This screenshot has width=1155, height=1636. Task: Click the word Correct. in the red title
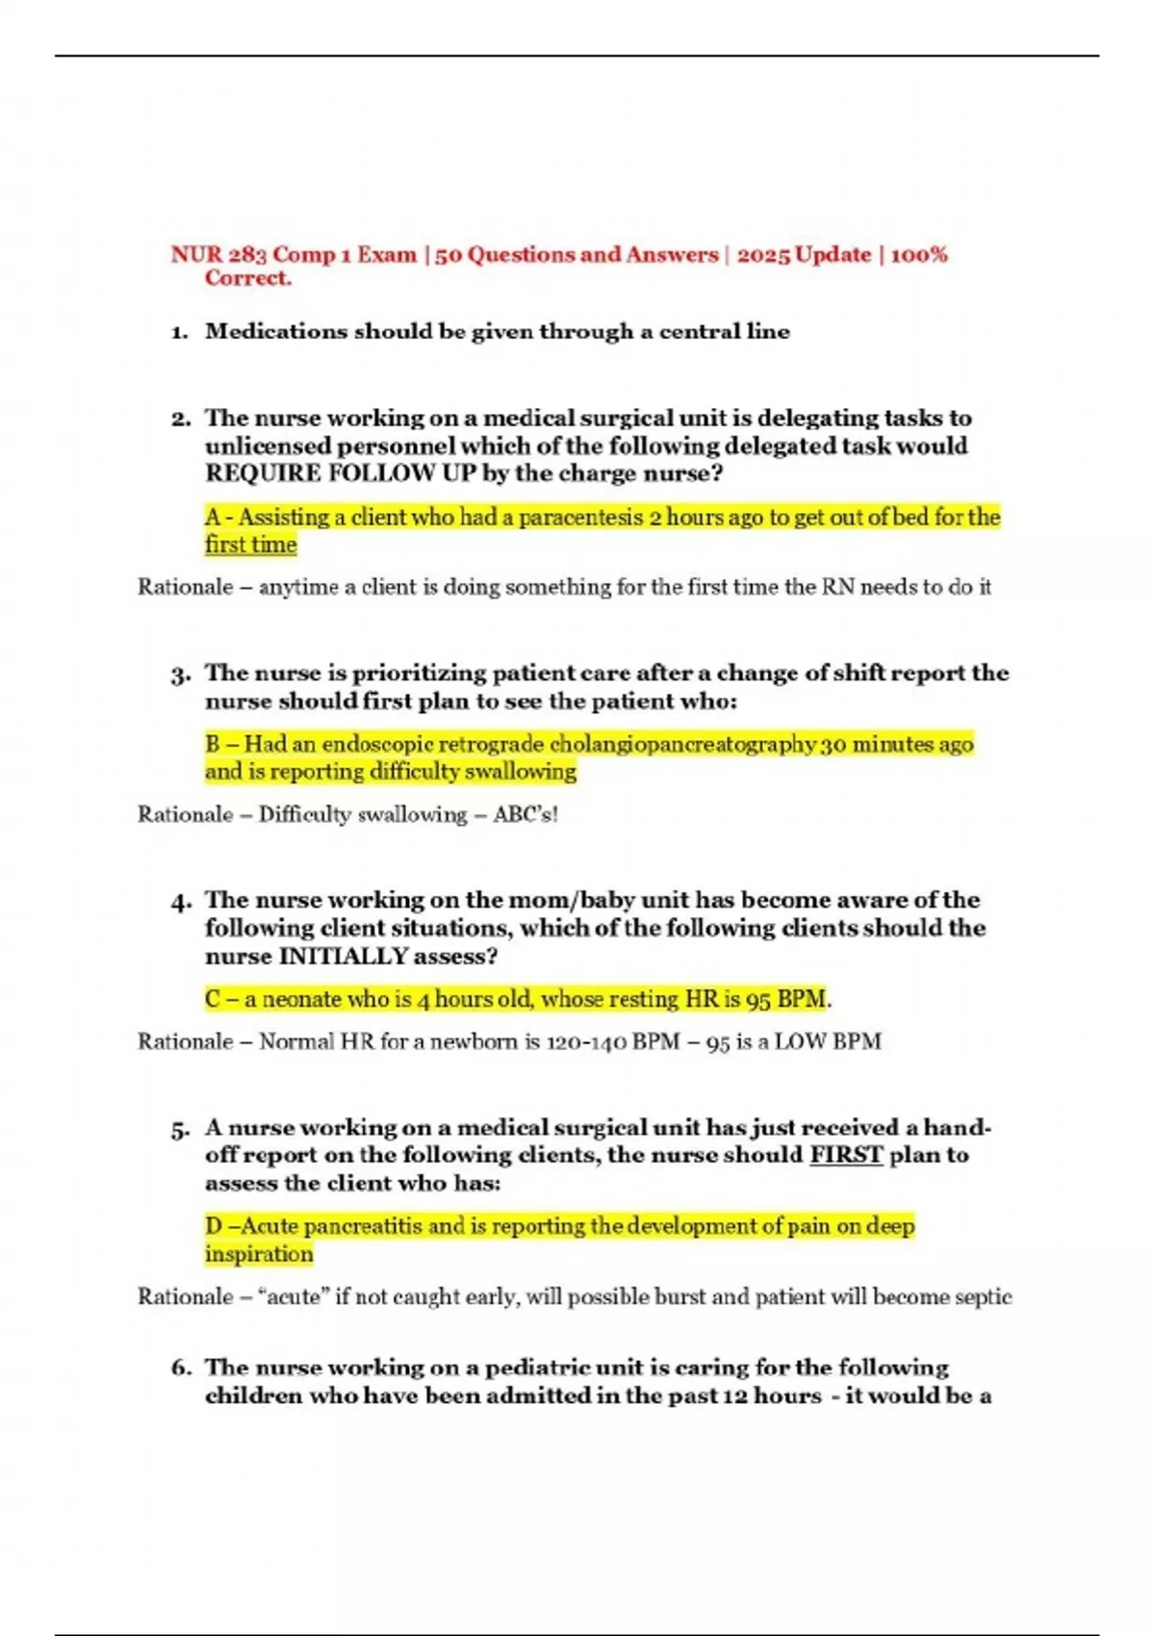(x=247, y=279)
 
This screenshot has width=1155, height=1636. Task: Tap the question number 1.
(x=179, y=333)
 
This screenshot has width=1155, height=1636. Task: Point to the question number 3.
(x=180, y=674)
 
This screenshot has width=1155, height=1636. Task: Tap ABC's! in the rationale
(x=526, y=815)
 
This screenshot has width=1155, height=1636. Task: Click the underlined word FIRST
(x=846, y=1155)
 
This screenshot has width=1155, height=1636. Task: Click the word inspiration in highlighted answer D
(x=259, y=1255)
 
